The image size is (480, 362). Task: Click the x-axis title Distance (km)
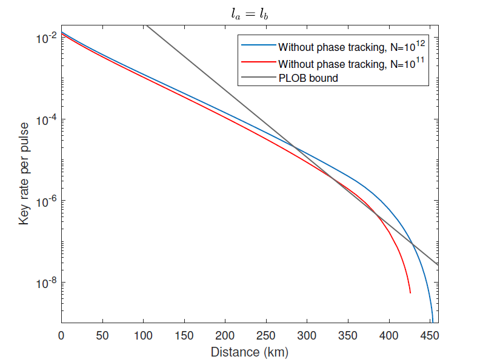click(x=249, y=352)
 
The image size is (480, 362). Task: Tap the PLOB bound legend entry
click(x=308, y=78)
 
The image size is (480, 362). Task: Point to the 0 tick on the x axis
click(x=61, y=335)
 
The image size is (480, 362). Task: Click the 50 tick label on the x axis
click(x=102, y=335)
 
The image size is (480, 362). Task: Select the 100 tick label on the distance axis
click(x=143, y=335)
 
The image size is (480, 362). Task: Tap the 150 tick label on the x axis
click(x=184, y=335)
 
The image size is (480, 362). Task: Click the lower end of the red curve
click(x=410, y=293)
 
